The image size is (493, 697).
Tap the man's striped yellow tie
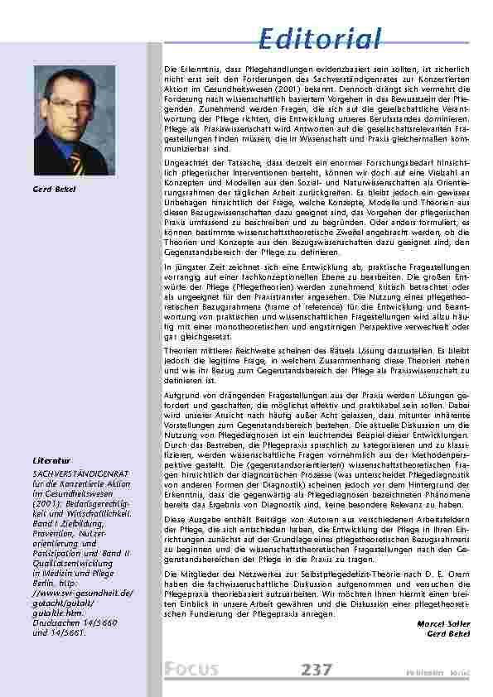click(x=76, y=161)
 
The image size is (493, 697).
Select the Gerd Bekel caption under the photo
click(x=54, y=190)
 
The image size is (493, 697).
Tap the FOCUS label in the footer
click(x=191, y=670)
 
